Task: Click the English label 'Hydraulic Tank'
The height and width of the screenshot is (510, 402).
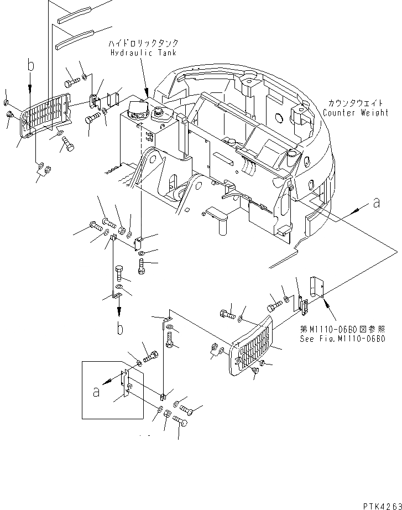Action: point(142,53)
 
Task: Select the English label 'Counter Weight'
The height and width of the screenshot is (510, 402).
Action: point(356,112)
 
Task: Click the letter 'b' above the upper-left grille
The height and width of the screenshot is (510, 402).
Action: point(30,67)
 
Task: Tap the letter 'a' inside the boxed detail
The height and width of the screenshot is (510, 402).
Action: point(96,392)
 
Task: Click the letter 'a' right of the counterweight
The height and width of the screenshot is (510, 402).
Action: point(377,203)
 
